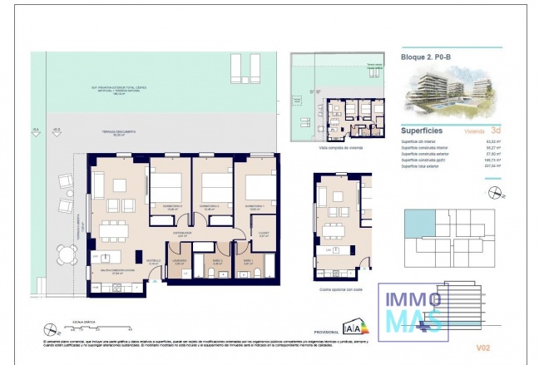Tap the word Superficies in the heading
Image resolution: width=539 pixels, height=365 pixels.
(421, 131)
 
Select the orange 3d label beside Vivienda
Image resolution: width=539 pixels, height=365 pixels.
(496, 131)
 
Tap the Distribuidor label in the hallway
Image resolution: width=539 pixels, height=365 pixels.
(183, 234)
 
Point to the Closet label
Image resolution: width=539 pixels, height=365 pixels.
(263, 234)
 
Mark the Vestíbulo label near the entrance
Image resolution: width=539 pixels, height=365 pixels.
(154, 262)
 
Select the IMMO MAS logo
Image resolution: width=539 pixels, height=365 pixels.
(413, 308)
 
